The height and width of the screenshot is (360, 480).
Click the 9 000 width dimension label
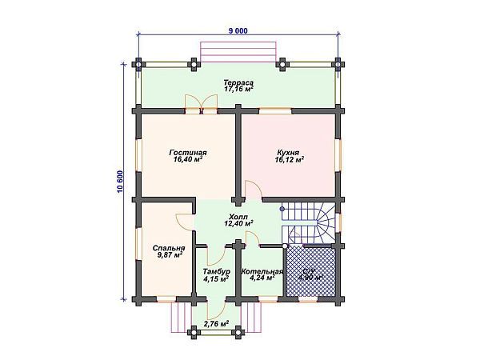pos(238,30)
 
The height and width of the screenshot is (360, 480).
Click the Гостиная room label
pos(189,151)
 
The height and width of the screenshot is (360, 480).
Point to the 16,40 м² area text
pos(189,159)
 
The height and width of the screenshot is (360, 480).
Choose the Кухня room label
pos(288,151)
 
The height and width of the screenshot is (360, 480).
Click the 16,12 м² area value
pos(288,159)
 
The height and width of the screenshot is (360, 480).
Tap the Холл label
pos(238,216)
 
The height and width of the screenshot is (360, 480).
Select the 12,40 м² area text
pos(238,224)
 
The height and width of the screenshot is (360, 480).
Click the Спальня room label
pos(168,248)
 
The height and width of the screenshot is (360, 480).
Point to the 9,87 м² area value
pos(168,256)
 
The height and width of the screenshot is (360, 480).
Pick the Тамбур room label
pos(214,271)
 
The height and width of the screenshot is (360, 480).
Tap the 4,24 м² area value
pos(262,279)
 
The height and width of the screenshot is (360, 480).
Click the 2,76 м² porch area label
pos(214,323)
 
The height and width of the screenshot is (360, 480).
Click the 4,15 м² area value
pos(214,279)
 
